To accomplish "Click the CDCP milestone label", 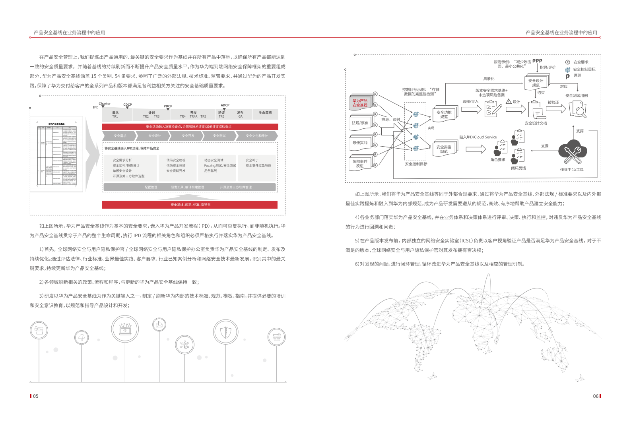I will [x=128, y=105].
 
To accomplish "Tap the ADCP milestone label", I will [x=225, y=105].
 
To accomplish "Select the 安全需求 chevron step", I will [x=120, y=136].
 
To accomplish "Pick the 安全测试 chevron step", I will [x=219, y=136].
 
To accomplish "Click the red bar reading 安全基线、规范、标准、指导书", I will [x=190, y=205].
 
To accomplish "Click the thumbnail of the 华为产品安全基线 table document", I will [x=56, y=154].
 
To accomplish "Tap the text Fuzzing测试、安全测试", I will [x=220, y=166].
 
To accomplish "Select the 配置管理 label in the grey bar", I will [x=151, y=187].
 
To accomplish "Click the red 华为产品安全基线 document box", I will [x=360, y=103].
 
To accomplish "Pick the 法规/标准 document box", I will [x=360, y=123].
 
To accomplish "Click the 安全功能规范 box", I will [x=444, y=115].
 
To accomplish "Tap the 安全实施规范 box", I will [x=444, y=149].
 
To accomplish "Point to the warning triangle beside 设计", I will [x=509, y=102].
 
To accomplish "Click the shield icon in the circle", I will [x=225, y=332].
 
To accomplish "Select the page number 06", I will [x=596, y=396].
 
